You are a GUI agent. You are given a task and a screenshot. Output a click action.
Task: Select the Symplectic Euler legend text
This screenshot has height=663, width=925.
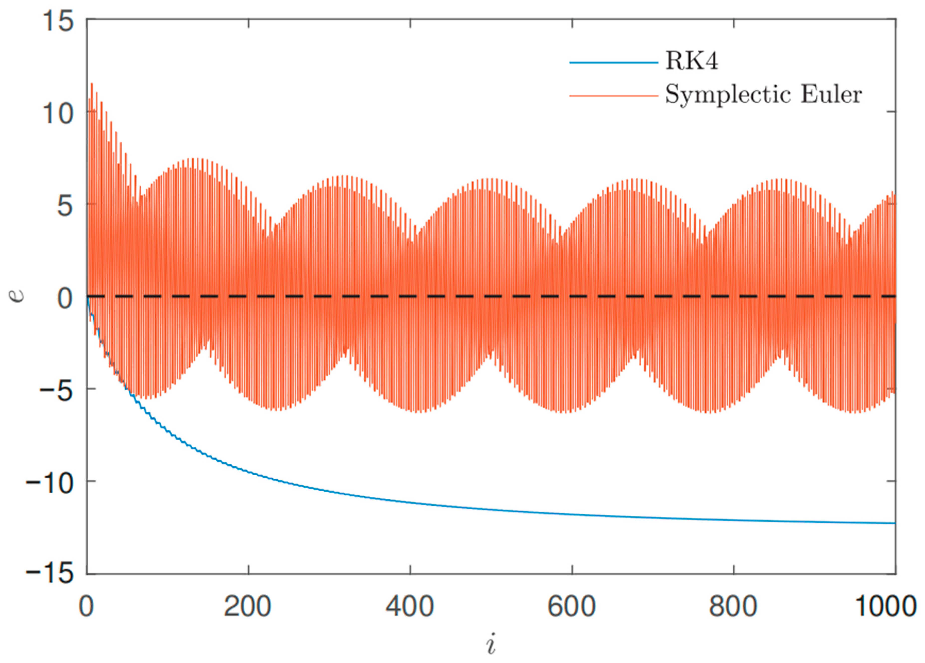(x=764, y=95)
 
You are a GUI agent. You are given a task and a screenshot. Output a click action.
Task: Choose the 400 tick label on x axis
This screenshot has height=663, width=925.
(x=409, y=607)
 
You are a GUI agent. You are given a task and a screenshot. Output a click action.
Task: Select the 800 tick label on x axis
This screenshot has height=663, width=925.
(x=733, y=607)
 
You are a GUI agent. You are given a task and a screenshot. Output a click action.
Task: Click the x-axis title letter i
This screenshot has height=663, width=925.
(x=491, y=644)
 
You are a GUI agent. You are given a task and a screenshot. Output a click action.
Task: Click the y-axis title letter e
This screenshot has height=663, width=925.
(x=17, y=296)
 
